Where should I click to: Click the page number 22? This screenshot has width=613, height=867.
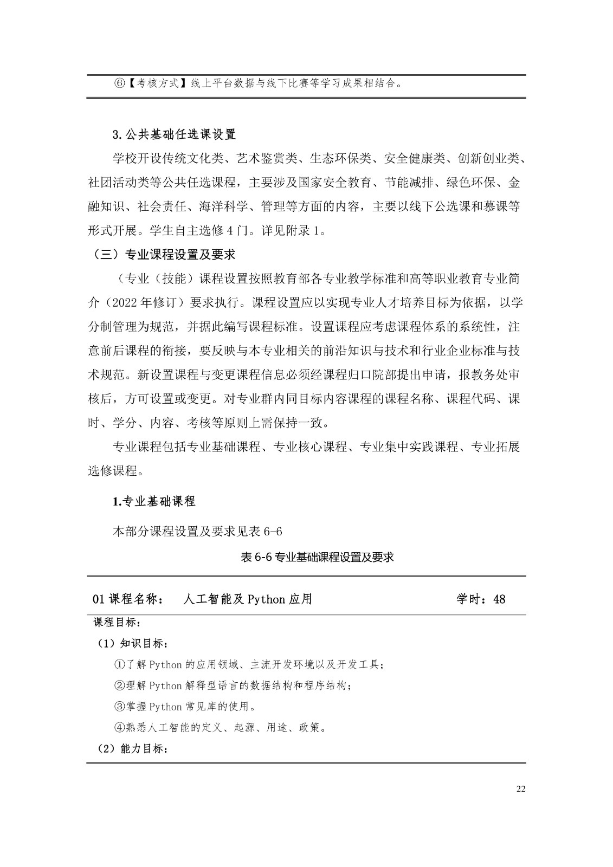521,788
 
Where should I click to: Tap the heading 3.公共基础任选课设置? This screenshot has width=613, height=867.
174,134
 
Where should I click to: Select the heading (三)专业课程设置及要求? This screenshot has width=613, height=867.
161,254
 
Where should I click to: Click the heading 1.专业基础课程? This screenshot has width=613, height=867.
153,501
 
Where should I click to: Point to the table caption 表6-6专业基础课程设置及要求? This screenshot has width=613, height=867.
317,557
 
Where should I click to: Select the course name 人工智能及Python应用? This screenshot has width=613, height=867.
248,599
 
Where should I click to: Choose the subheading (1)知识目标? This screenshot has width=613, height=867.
133,643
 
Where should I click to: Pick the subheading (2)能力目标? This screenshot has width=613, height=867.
133,749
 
